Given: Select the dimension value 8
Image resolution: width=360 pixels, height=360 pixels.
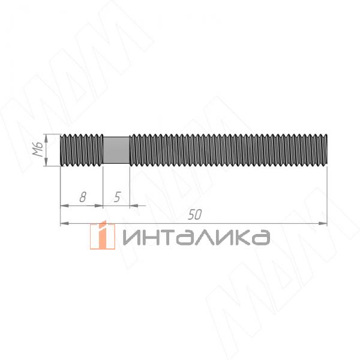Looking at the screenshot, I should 83,196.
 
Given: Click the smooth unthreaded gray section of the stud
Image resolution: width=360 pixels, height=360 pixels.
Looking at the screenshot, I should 115,150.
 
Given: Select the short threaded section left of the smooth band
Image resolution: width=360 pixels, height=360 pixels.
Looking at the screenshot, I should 83,150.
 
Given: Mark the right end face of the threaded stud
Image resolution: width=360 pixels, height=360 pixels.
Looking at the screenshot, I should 326,150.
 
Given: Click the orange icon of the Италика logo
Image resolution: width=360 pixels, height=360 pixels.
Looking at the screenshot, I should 103,235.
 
